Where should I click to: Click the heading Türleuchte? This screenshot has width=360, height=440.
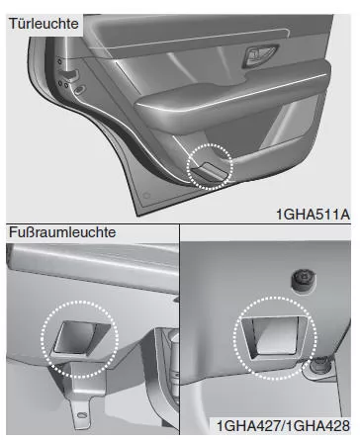(x=44, y=24)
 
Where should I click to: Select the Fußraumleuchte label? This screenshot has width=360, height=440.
(x=62, y=232)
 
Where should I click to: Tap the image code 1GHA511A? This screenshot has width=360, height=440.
(x=313, y=215)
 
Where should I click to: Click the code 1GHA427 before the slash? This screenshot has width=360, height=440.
(x=248, y=425)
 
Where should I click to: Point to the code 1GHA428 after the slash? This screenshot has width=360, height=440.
(x=316, y=425)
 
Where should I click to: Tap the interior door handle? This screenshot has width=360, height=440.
(x=259, y=56)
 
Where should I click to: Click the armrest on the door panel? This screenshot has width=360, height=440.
(x=230, y=102)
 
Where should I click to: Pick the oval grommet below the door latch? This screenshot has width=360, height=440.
(x=79, y=89)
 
